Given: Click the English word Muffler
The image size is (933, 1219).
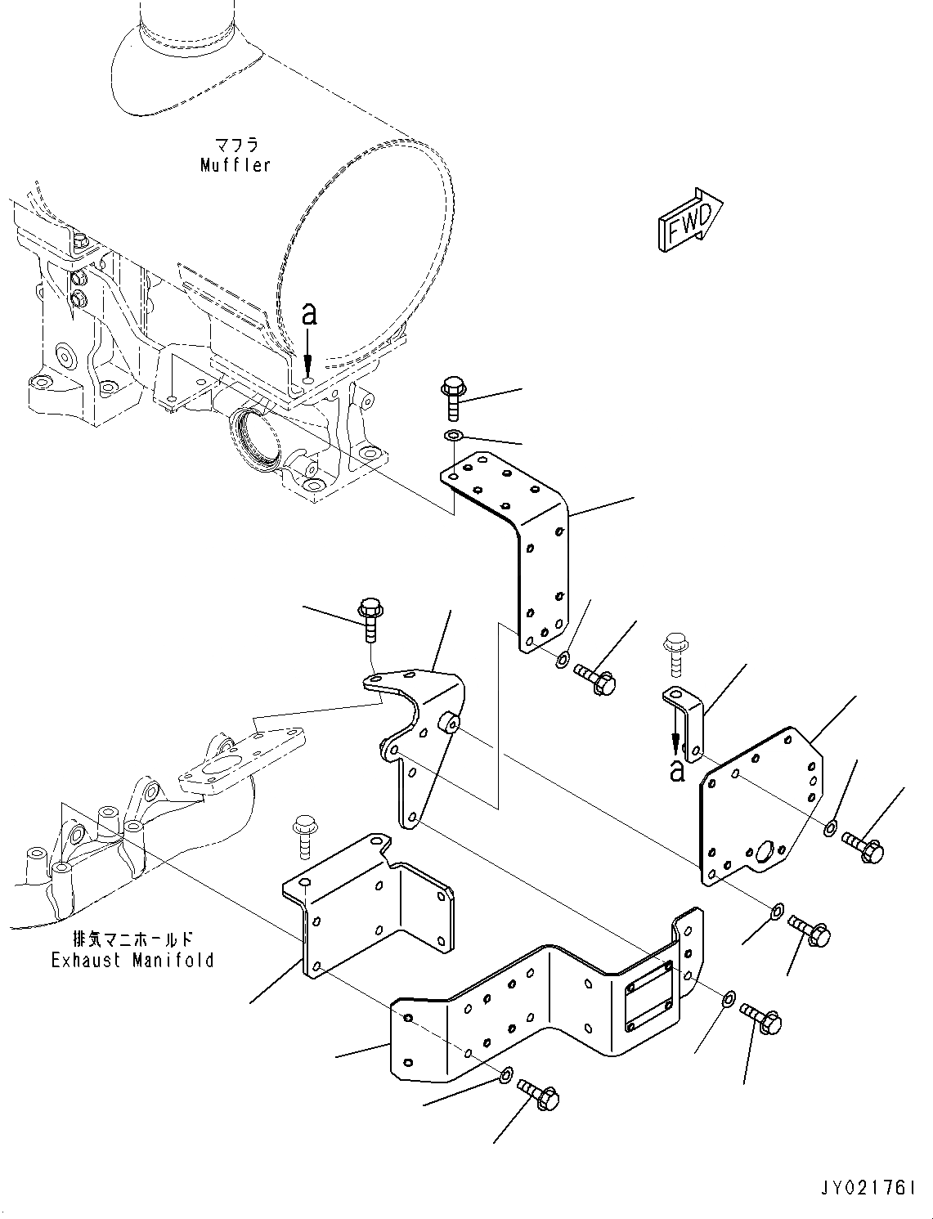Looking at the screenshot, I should click(235, 164).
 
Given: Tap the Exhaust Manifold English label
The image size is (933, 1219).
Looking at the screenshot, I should click(132, 960).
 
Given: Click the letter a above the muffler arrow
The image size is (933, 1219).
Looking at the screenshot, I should click(308, 314).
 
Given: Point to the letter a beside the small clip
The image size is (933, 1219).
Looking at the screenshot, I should click(677, 769).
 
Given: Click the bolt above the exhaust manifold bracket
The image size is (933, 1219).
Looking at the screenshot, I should click(370, 619).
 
